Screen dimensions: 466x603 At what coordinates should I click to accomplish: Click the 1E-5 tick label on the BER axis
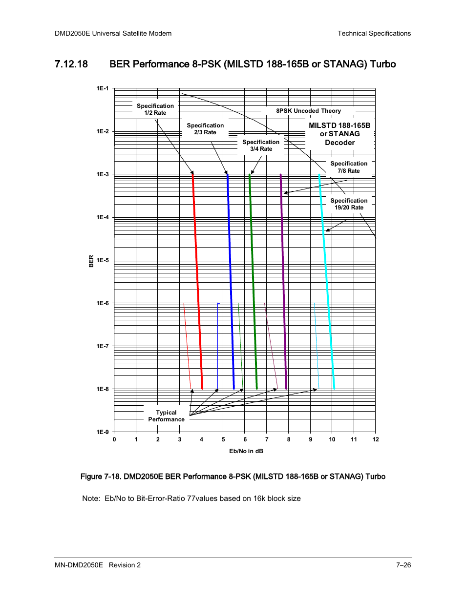coord(103,260)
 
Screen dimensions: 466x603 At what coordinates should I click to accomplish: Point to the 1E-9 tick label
coord(103,432)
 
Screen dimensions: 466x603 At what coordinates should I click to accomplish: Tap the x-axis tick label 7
coord(267,439)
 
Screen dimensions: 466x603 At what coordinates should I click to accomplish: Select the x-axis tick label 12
coord(376,439)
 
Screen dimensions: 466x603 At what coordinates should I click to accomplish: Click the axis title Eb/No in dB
coord(246,451)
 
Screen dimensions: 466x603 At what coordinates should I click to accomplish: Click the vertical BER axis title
coord(91,261)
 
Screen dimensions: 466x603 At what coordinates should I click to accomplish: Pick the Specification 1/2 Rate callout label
coord(155,109)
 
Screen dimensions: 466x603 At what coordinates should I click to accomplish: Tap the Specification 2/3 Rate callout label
coord(205,129)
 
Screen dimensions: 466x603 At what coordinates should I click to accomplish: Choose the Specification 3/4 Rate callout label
coord(261,146)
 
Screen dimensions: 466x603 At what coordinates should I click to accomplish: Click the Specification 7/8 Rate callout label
coord(349,167)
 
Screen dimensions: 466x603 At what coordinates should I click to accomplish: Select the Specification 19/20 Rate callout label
coord(349,204)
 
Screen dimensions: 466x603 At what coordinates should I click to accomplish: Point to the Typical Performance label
coord(166,416)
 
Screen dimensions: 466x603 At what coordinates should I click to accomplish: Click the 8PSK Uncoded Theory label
coord(308,111)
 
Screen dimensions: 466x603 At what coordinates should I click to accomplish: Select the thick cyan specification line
coord(327,281)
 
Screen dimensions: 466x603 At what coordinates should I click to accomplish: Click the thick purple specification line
coord(283,281)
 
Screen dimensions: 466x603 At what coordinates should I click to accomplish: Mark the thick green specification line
coord(253,281)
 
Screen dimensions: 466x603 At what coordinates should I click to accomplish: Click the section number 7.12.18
coord(71,64)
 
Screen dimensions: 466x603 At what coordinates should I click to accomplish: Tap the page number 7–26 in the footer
coord(403,565)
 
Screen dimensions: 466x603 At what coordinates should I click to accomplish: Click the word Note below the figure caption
coord(91,499)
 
